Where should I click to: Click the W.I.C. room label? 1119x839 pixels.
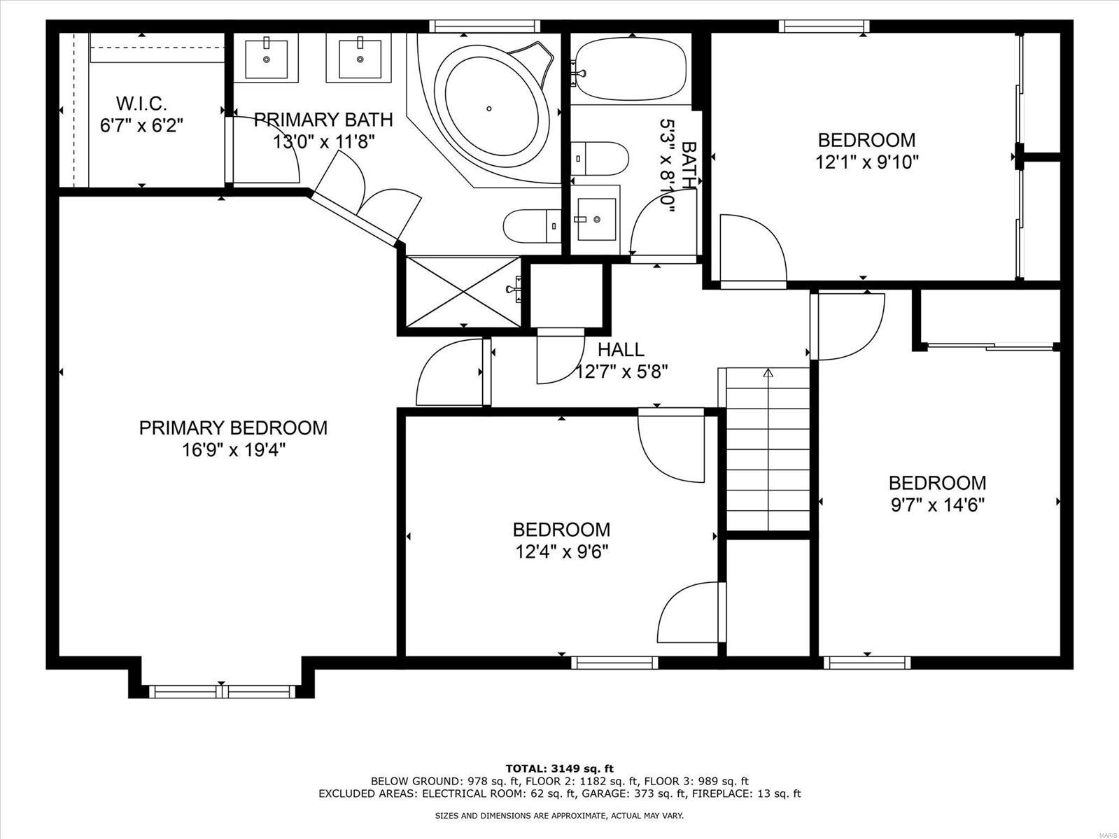pyautogui.click(x=141, y=104)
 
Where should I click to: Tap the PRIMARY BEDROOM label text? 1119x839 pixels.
pyautogui.click(x=233, y=428)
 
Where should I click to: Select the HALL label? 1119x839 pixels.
pyautogui.click(x=620, y=348)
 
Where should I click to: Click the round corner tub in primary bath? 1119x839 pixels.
pyautogui.click(x=490, y=108)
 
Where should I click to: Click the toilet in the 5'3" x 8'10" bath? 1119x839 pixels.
pyautogui.click(x=599, y=159)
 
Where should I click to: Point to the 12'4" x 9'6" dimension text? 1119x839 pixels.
pyautogui.click(x=562, y=552)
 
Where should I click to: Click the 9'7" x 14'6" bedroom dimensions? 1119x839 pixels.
pyautogui.click(x=938, y=505)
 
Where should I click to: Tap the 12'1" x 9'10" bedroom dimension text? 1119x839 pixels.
pyautogui.click(x=866, y=162)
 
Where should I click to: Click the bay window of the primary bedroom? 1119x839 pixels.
pyautogui.click(x=221, y=691)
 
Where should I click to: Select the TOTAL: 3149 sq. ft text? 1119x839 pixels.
pyautogui.click(x=559, y=768)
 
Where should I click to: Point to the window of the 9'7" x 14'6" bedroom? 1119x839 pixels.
pyautogui.click(x=867, y=662)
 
